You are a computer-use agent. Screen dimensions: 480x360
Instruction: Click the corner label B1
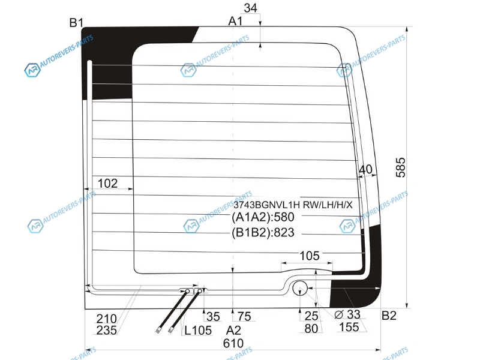tap(76, 23)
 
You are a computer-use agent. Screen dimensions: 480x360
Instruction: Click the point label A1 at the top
tap(235, 21)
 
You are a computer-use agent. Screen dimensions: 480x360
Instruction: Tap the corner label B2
tap(389, 316)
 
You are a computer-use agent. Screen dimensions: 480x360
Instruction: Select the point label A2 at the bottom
tap(233, 331)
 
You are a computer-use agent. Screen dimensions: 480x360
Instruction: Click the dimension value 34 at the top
tap(250, 8)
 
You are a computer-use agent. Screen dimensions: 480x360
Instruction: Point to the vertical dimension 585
tap(401, 167)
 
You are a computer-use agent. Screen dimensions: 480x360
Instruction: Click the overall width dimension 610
tap(233, 343)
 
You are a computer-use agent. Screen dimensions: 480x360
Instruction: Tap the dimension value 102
tap(107, 184)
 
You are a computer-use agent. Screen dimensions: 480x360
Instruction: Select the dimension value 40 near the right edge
tap(365, 169)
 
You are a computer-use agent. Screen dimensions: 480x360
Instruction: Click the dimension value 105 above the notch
tap(310, 256)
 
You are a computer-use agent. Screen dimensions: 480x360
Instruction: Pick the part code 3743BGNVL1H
tap(266, 205)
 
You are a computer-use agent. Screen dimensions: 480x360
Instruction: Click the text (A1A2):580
tap(263, 217)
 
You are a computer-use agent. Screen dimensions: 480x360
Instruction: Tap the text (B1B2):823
tap(263, 233)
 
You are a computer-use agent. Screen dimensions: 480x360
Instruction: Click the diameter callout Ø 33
tap(347, 314)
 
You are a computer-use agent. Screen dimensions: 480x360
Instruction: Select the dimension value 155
tap(349, 327)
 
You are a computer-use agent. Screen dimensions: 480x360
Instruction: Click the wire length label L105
tap(198, 331)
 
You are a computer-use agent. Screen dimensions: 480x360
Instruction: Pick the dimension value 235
tap(107, 331)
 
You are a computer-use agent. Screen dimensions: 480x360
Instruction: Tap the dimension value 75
tap(244, 317)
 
